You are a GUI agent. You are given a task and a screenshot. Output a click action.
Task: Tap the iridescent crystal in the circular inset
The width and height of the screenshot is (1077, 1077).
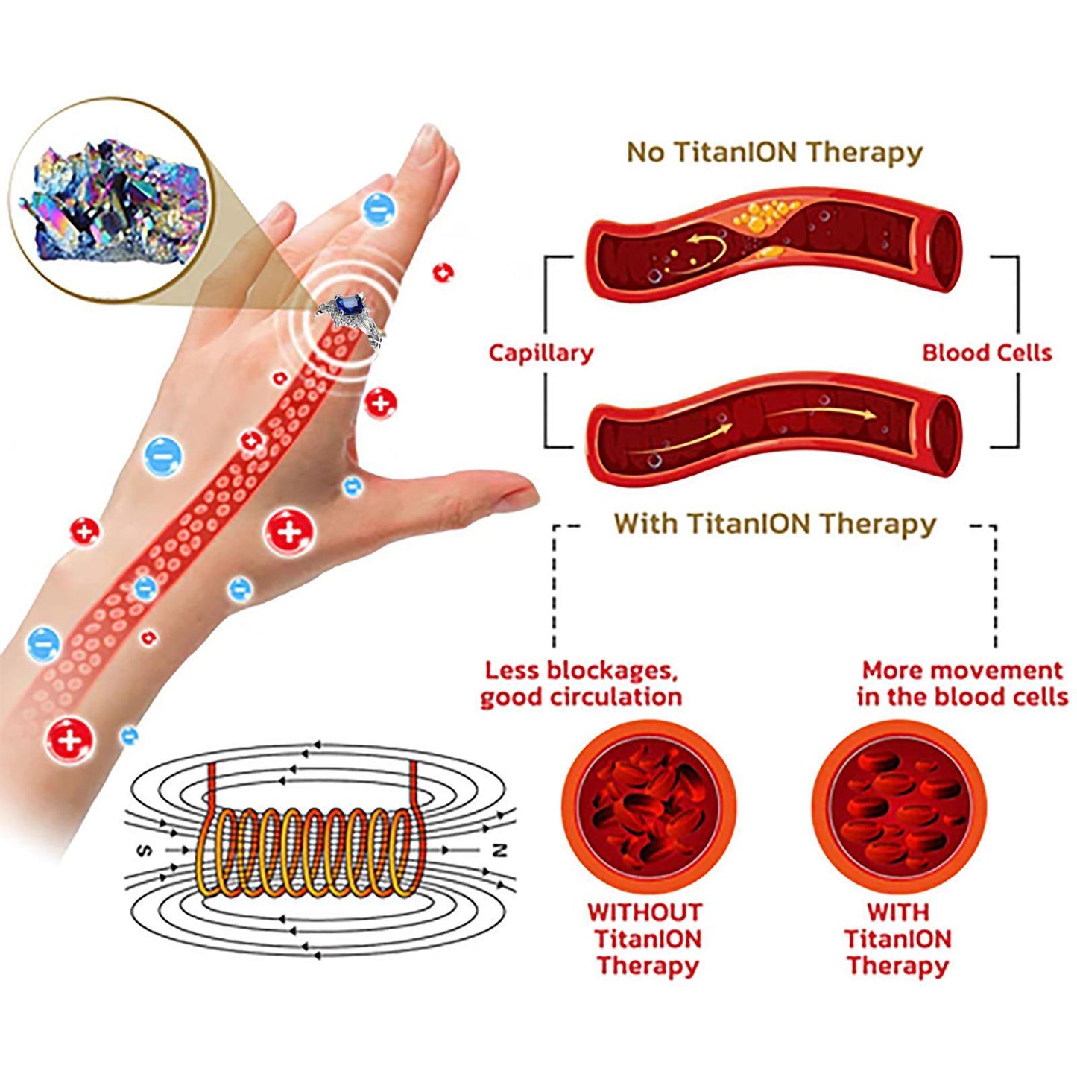click(112, 201)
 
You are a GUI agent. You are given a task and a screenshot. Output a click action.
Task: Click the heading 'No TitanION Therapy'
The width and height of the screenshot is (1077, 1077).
click(774, 152)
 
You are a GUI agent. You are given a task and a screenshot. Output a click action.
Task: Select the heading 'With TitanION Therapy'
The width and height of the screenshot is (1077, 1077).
click(774, 524)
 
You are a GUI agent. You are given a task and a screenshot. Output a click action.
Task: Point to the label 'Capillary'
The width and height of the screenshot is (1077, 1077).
click(540, 353)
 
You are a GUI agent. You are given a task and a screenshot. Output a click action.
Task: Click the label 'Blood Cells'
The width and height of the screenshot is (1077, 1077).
click(986, 353)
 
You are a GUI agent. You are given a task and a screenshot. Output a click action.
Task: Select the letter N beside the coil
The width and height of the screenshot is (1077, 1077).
click(499, 850)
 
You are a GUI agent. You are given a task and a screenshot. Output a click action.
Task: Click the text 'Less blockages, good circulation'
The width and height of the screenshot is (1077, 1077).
click(581, 683)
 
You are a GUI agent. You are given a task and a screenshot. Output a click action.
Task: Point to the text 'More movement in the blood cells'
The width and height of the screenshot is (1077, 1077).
click(961, 683)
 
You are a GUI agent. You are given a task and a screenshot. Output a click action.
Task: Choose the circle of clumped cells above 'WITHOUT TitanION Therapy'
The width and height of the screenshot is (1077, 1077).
click(647, 807)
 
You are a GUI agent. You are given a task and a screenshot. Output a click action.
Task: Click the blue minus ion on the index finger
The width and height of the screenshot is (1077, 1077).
click(378, 208)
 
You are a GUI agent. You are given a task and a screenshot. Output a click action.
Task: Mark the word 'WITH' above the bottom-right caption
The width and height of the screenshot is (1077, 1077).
click(897, 912)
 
